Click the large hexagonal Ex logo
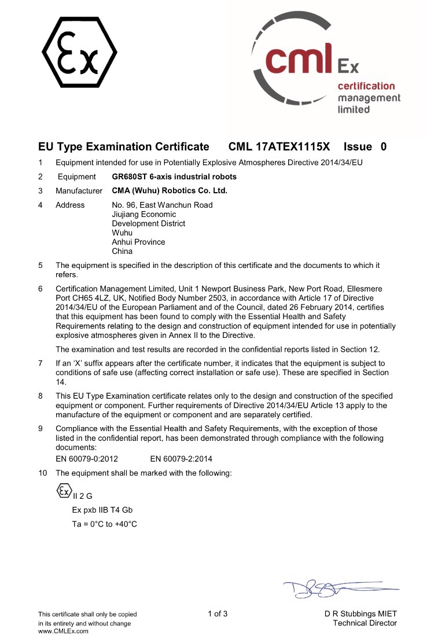point(79,52)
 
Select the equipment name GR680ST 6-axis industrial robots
point(174,176)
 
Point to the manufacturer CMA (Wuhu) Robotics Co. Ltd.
point(170,190)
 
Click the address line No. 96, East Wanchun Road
point(162,205)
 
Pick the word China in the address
point(122,251)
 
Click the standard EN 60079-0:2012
point(87,459)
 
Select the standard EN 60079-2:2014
point(181,459)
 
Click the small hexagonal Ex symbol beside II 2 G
point(63,492)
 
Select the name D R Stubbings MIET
point(361,614)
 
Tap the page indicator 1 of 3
point(218,614)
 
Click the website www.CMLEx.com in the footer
point(63,631)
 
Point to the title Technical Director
point(365,623)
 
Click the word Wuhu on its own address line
point(122,233)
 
